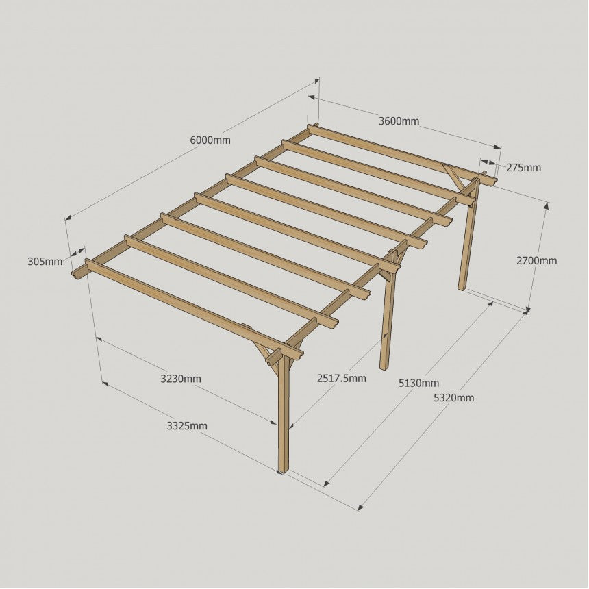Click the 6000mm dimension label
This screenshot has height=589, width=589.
[210, 140]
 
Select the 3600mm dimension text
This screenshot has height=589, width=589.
[399, 121]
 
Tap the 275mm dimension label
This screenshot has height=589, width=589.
[523, 168]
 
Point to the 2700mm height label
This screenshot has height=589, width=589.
[536, 261]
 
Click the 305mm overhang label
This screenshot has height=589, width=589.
[45, 261]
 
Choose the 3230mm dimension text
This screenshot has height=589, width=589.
[181, 379]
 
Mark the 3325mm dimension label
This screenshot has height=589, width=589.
[187, 426]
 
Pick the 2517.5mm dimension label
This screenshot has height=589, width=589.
[342, 378]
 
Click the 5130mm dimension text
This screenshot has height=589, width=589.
[418, 383]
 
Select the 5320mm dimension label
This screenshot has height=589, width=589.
[454, 397]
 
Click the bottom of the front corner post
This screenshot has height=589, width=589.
[283, 471]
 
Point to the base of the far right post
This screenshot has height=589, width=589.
[462, 288]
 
